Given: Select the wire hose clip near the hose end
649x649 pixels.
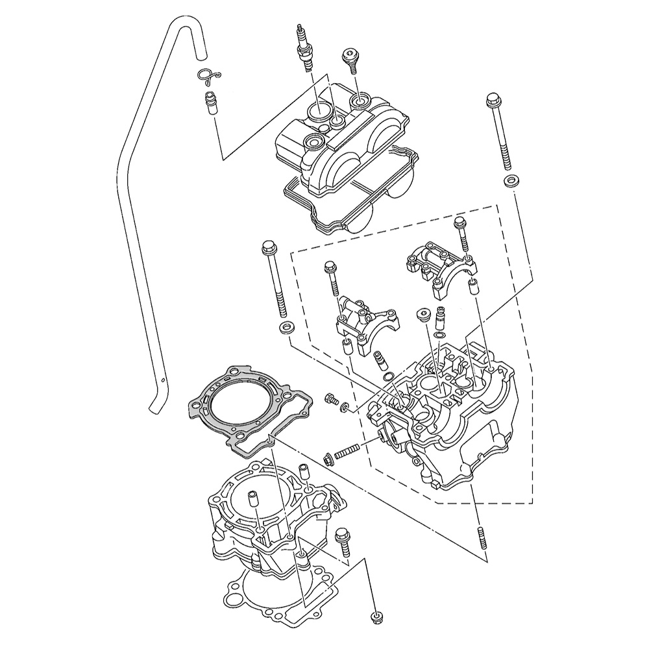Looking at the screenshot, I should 209,77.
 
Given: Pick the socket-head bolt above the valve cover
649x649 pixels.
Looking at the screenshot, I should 351,61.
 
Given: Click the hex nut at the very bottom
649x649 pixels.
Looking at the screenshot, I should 375,616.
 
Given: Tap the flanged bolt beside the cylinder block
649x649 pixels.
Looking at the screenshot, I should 342,542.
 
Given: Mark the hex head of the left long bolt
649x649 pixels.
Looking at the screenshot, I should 268,247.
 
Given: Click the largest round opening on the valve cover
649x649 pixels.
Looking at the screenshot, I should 319,110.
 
